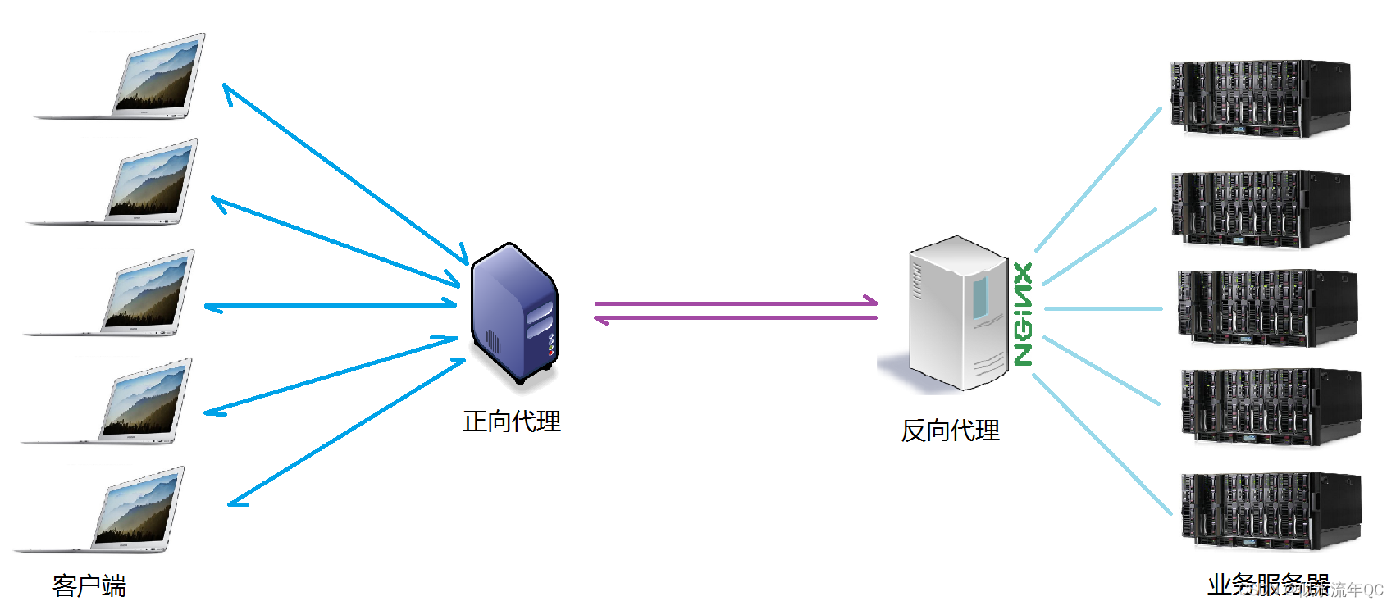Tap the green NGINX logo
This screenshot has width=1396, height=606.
1023,313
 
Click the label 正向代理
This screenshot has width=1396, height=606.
512,421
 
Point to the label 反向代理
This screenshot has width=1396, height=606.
950,431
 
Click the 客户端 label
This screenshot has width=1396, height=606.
89,585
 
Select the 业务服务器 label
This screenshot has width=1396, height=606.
1268,584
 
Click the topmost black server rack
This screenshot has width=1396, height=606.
1260,98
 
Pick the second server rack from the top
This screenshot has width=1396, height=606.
1261,209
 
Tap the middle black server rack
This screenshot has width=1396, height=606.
1267,308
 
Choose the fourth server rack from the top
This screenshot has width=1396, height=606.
1271,406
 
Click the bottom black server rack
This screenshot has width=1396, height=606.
1271,510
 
